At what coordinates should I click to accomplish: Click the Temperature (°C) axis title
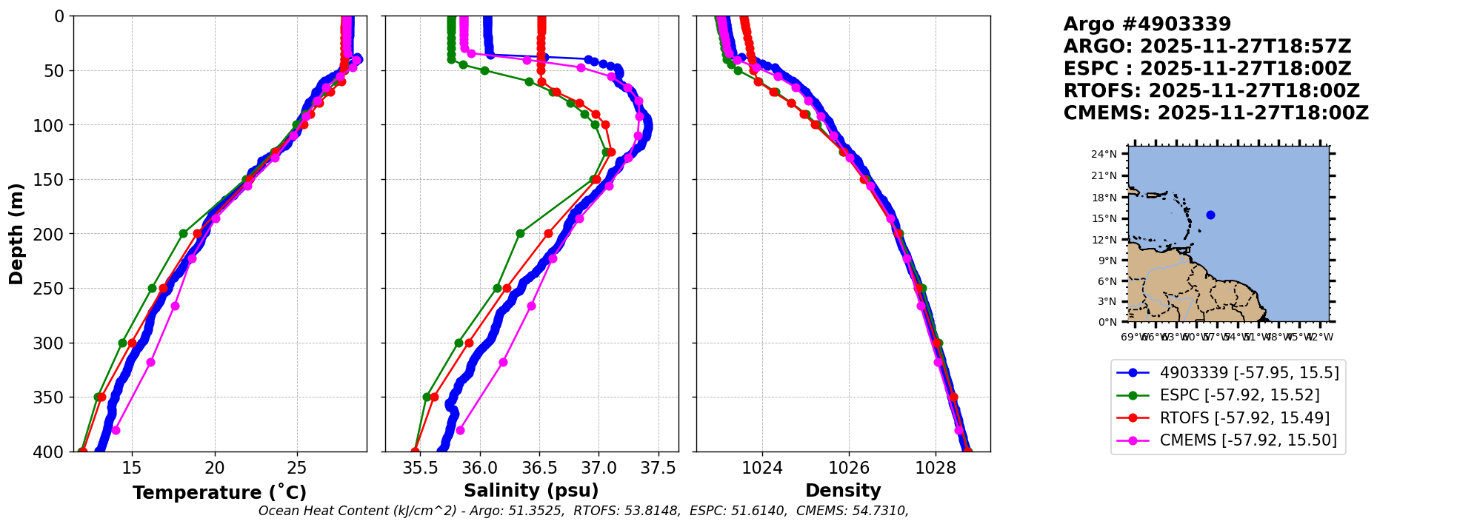pyautogui.click(x=219, y=493)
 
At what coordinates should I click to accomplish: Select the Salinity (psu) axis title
pyautogui.click(x=531, y=491)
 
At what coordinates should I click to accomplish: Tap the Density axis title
pyautogui.click(x=843, y=491)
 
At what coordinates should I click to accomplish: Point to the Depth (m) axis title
pyautogui.click(x=16, y=234)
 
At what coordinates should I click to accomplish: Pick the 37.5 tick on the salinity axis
pyautogui.click(x=659, y=469)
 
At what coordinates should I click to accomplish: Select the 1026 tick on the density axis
pyautogui.click(x=849, y=469)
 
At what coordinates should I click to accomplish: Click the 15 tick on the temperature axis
pyautogui.click(x=132, y=469)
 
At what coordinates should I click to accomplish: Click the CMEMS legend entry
pyautogui.click(x=1248, y=440)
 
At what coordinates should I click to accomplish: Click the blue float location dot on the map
pyautogui.click(x=1210, y=215)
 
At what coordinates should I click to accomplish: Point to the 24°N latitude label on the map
pyautogui.click(x=1104, y=154)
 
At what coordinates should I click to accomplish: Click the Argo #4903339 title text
pyautogui.click(x=1147, y=24)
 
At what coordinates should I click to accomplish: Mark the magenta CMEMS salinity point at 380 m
pyautogui.click(x=460, y=430)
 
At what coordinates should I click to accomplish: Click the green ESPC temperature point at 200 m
pyautogui.click(x=183, y=233)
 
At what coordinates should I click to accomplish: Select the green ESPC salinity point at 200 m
pyautogui.click(x=520, y=233)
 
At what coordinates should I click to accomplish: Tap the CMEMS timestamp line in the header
pyautogui.click(x=1216, y=113)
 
